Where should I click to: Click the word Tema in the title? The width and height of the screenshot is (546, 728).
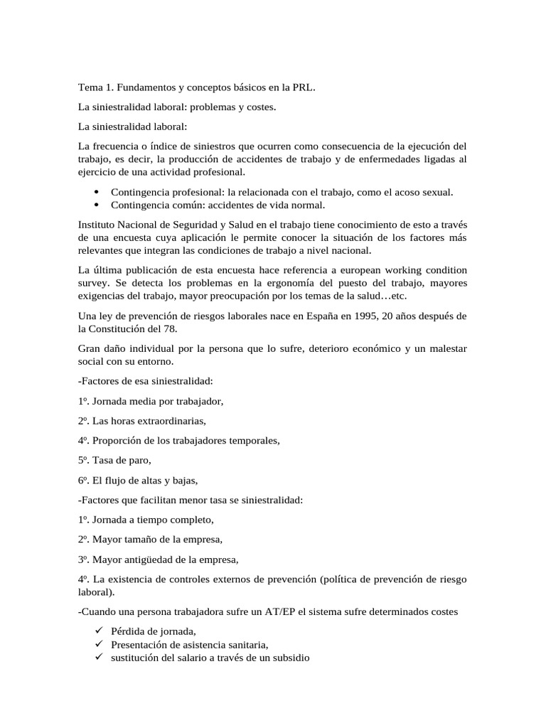pyautogui.click(x=91, y=88)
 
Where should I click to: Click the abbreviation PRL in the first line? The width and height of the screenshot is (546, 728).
pyautogui.click(x=304, y=88)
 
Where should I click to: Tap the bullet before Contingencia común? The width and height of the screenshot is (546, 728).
pyautogui.click(x=95, y=205)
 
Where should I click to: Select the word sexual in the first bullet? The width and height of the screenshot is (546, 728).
pyautogui.click(x=435, y=192)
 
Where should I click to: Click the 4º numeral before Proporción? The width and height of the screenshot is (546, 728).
pyautogui.click(x=85, y=440)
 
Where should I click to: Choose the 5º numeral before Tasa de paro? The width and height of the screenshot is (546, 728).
pyautogui.click(x=85, y=460)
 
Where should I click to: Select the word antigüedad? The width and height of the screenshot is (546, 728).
pyautogui.click(x=151, y=559)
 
